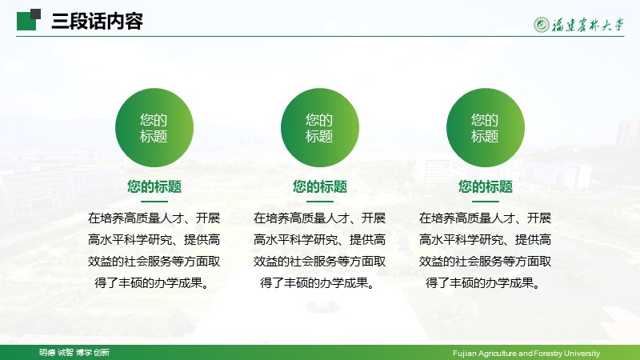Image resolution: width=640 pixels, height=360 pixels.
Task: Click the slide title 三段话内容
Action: point(97,22)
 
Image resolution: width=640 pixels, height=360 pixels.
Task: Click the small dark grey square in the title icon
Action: point(35,14)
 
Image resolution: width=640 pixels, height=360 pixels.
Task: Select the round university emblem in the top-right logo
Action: point(542,25)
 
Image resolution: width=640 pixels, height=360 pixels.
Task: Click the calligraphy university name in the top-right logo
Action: point(588,25)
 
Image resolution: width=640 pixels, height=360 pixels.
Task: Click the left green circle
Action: point(154,128)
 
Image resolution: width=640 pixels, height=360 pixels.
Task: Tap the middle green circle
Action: point(320,128)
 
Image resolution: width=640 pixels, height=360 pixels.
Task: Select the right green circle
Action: point(486,128)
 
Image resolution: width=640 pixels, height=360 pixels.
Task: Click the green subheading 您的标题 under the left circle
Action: point(154,186)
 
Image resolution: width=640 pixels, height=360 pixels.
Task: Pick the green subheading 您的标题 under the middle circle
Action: point(320,186)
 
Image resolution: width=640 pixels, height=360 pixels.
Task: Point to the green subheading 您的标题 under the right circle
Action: point(486,186)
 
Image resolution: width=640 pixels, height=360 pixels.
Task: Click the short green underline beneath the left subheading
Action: point(154,202)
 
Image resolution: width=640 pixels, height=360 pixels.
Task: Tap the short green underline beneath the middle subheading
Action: point(320,202)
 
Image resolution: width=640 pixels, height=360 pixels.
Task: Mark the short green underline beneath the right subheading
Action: point(486,202)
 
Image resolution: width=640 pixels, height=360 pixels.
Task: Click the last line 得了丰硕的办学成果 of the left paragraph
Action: point(152,282)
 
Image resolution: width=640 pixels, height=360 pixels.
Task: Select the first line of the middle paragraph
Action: point(319,218)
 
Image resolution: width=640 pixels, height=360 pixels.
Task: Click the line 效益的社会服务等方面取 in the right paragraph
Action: point(485,262)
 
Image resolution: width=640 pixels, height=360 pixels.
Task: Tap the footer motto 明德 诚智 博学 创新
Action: point(74,352)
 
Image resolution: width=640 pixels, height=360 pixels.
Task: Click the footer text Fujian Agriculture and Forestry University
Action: point(526,353)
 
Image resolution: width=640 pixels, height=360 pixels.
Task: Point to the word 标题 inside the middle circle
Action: point(319,136)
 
